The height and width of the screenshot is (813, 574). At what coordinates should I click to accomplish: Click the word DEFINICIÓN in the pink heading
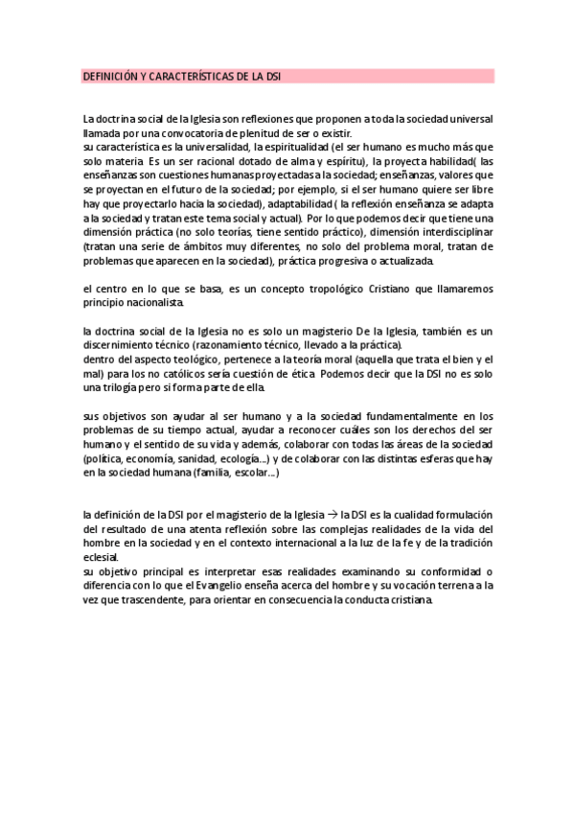pyautogui.click(x=108, y=76)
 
